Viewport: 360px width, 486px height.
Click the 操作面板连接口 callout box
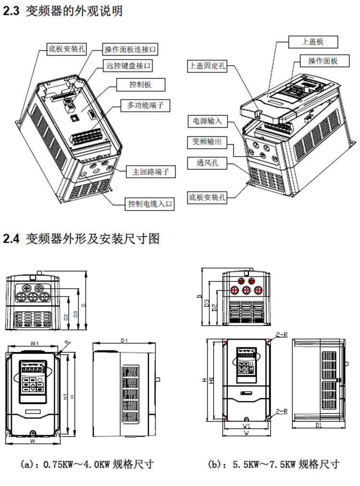tap(131, 49)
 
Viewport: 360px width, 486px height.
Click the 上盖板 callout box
tap(313, 42)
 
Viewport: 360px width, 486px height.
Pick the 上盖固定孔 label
tap(206, 66)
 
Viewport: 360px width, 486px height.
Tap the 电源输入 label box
tap(207, 121)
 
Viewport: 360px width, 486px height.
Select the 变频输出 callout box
tap(207, 143)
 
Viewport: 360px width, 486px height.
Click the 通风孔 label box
tap(207, 163)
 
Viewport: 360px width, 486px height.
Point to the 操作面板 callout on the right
tap(323, 61)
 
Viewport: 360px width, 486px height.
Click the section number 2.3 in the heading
tap(11, 11)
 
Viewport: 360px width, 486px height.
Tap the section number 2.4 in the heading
tap(11, 239)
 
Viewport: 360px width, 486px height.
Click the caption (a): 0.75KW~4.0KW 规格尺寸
tap(87, 464)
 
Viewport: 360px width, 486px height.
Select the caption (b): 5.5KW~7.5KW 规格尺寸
tap(274, 464)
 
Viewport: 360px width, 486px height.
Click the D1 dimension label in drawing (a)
tap(124, 340)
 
